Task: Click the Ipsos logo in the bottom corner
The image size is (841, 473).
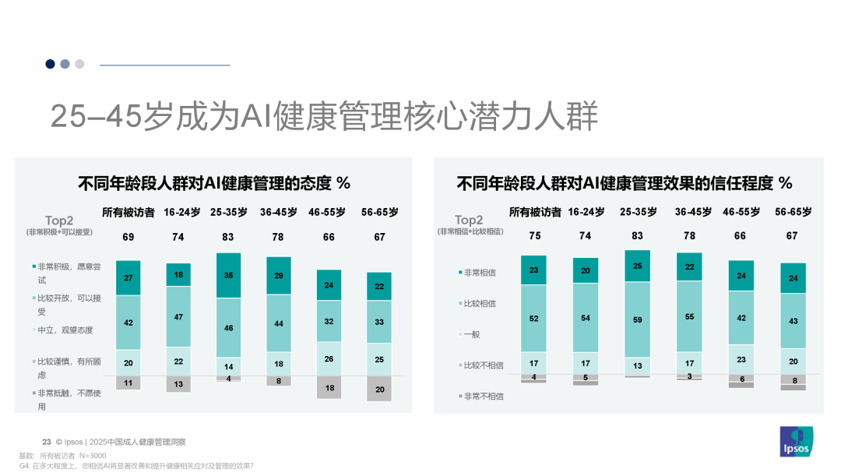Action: [796, 442]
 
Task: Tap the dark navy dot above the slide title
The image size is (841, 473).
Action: [51, 64]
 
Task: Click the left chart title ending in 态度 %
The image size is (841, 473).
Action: [214, 184]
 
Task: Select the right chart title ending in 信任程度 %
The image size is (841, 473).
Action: [624, 184]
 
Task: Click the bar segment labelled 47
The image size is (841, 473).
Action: [178, 318]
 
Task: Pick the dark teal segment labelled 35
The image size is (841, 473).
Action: [228, 276]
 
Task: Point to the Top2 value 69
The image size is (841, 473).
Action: [128, 237]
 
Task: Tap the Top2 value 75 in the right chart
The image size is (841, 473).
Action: [534, 236]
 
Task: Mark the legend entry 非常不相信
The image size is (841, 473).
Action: [482, 396]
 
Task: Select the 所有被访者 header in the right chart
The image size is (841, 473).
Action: [534, 212]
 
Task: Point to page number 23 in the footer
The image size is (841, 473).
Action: [46, 442]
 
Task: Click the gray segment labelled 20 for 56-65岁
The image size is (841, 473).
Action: [379, 390]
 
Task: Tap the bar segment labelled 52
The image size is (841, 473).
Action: [534, 318]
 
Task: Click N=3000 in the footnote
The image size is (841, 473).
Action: [93, 455]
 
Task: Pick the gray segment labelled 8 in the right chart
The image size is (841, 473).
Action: [793, 381]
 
